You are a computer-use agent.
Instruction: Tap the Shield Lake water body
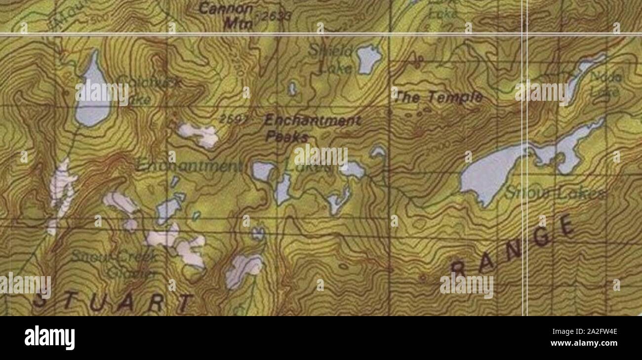click(x=368, y=59)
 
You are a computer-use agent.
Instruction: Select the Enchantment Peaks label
click(x=313, y=128)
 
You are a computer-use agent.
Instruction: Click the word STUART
click(x=114, y=301)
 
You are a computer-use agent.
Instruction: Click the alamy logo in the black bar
click(x=49, y=338)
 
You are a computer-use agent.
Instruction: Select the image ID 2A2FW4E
click(x=591, y=332)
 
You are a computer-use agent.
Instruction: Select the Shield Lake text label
click(x=337, y=59)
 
